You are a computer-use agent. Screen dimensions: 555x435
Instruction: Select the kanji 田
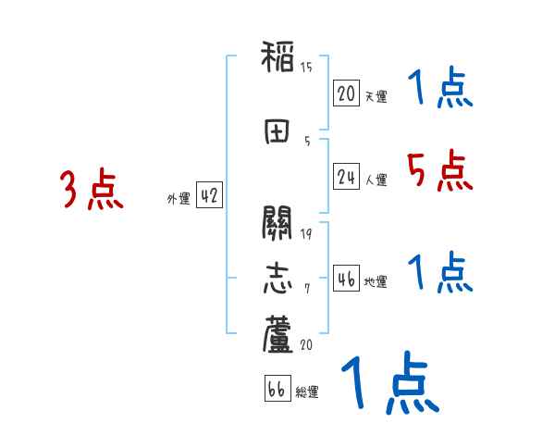[x=278, y=131]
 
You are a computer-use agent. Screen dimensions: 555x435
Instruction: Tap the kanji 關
[x=278, y=225]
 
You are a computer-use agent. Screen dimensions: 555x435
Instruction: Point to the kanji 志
[x=278, y=279]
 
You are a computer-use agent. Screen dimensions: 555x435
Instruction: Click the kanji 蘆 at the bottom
[x=278, y=335]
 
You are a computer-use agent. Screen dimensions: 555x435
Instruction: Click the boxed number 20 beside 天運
[x=346, y=93]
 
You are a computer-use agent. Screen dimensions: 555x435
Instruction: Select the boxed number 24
[x=346, y=177]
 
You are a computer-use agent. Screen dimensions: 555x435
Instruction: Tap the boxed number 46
[x=346, y=280]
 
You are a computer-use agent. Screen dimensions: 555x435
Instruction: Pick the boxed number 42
[x=208, y=195]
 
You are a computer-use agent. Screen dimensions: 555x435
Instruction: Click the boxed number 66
[x=277, y=390]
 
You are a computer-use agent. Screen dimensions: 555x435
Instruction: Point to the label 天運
[x=376, y=96]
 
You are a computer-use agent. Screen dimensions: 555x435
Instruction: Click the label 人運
[x=376, y=180]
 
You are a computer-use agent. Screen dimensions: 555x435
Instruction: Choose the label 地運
[x=376, y=282]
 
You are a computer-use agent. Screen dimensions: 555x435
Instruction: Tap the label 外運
[x=178, y=198]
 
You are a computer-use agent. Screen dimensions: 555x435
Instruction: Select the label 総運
[x=307, y=392]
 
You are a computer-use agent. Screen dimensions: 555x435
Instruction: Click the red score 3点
[x=91, y=191]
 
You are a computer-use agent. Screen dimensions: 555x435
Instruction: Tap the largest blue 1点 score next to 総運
[x=388, y=384]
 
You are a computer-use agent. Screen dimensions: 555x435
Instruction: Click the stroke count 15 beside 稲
[x=306, y=67]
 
